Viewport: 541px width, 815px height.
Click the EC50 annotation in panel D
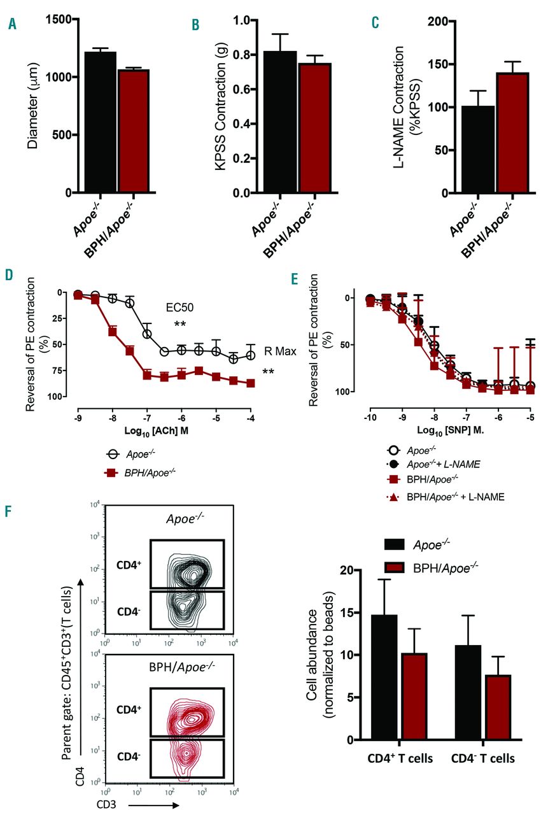pyautogui.click(x=180, y=307)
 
